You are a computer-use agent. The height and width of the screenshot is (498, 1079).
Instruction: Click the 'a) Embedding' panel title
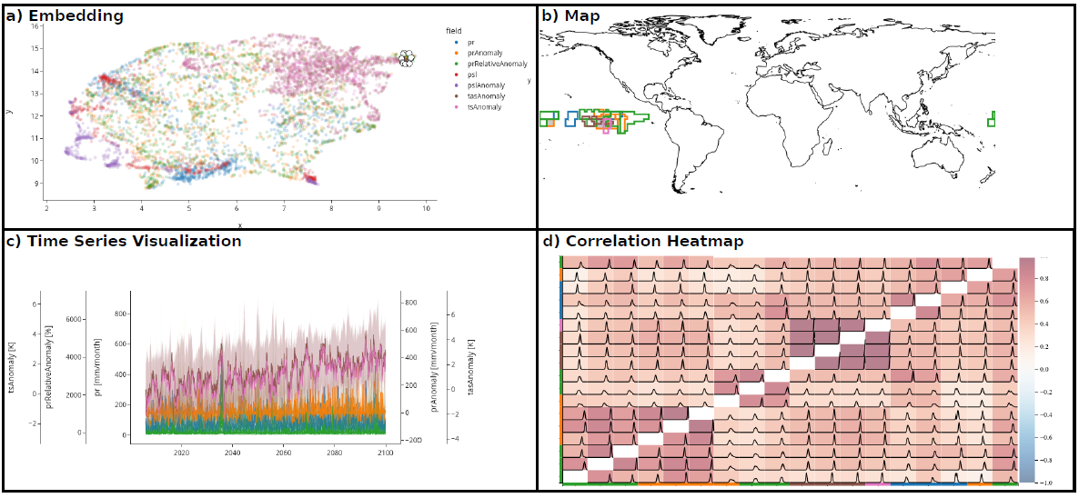(x=65, y=15)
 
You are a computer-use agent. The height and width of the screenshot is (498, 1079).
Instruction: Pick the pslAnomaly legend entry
(x=482, y=85)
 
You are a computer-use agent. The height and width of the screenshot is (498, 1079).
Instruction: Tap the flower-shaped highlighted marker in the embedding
(x=407, y=58)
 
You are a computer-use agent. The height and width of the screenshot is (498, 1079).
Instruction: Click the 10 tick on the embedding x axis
(x=427, y=210)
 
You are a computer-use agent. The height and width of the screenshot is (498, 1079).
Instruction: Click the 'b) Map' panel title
(x=570, y=15)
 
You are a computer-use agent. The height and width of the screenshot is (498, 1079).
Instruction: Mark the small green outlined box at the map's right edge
(x=992, y=118)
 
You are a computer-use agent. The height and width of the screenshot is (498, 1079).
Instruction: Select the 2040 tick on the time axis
(x=232, y=452)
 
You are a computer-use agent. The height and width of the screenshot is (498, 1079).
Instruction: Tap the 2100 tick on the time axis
(x=386, y=452)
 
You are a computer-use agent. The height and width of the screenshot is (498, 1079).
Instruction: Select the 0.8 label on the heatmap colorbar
(x=1042, y=276)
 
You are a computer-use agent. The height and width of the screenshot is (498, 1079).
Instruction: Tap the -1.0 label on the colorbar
(x=1043, y=483)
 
